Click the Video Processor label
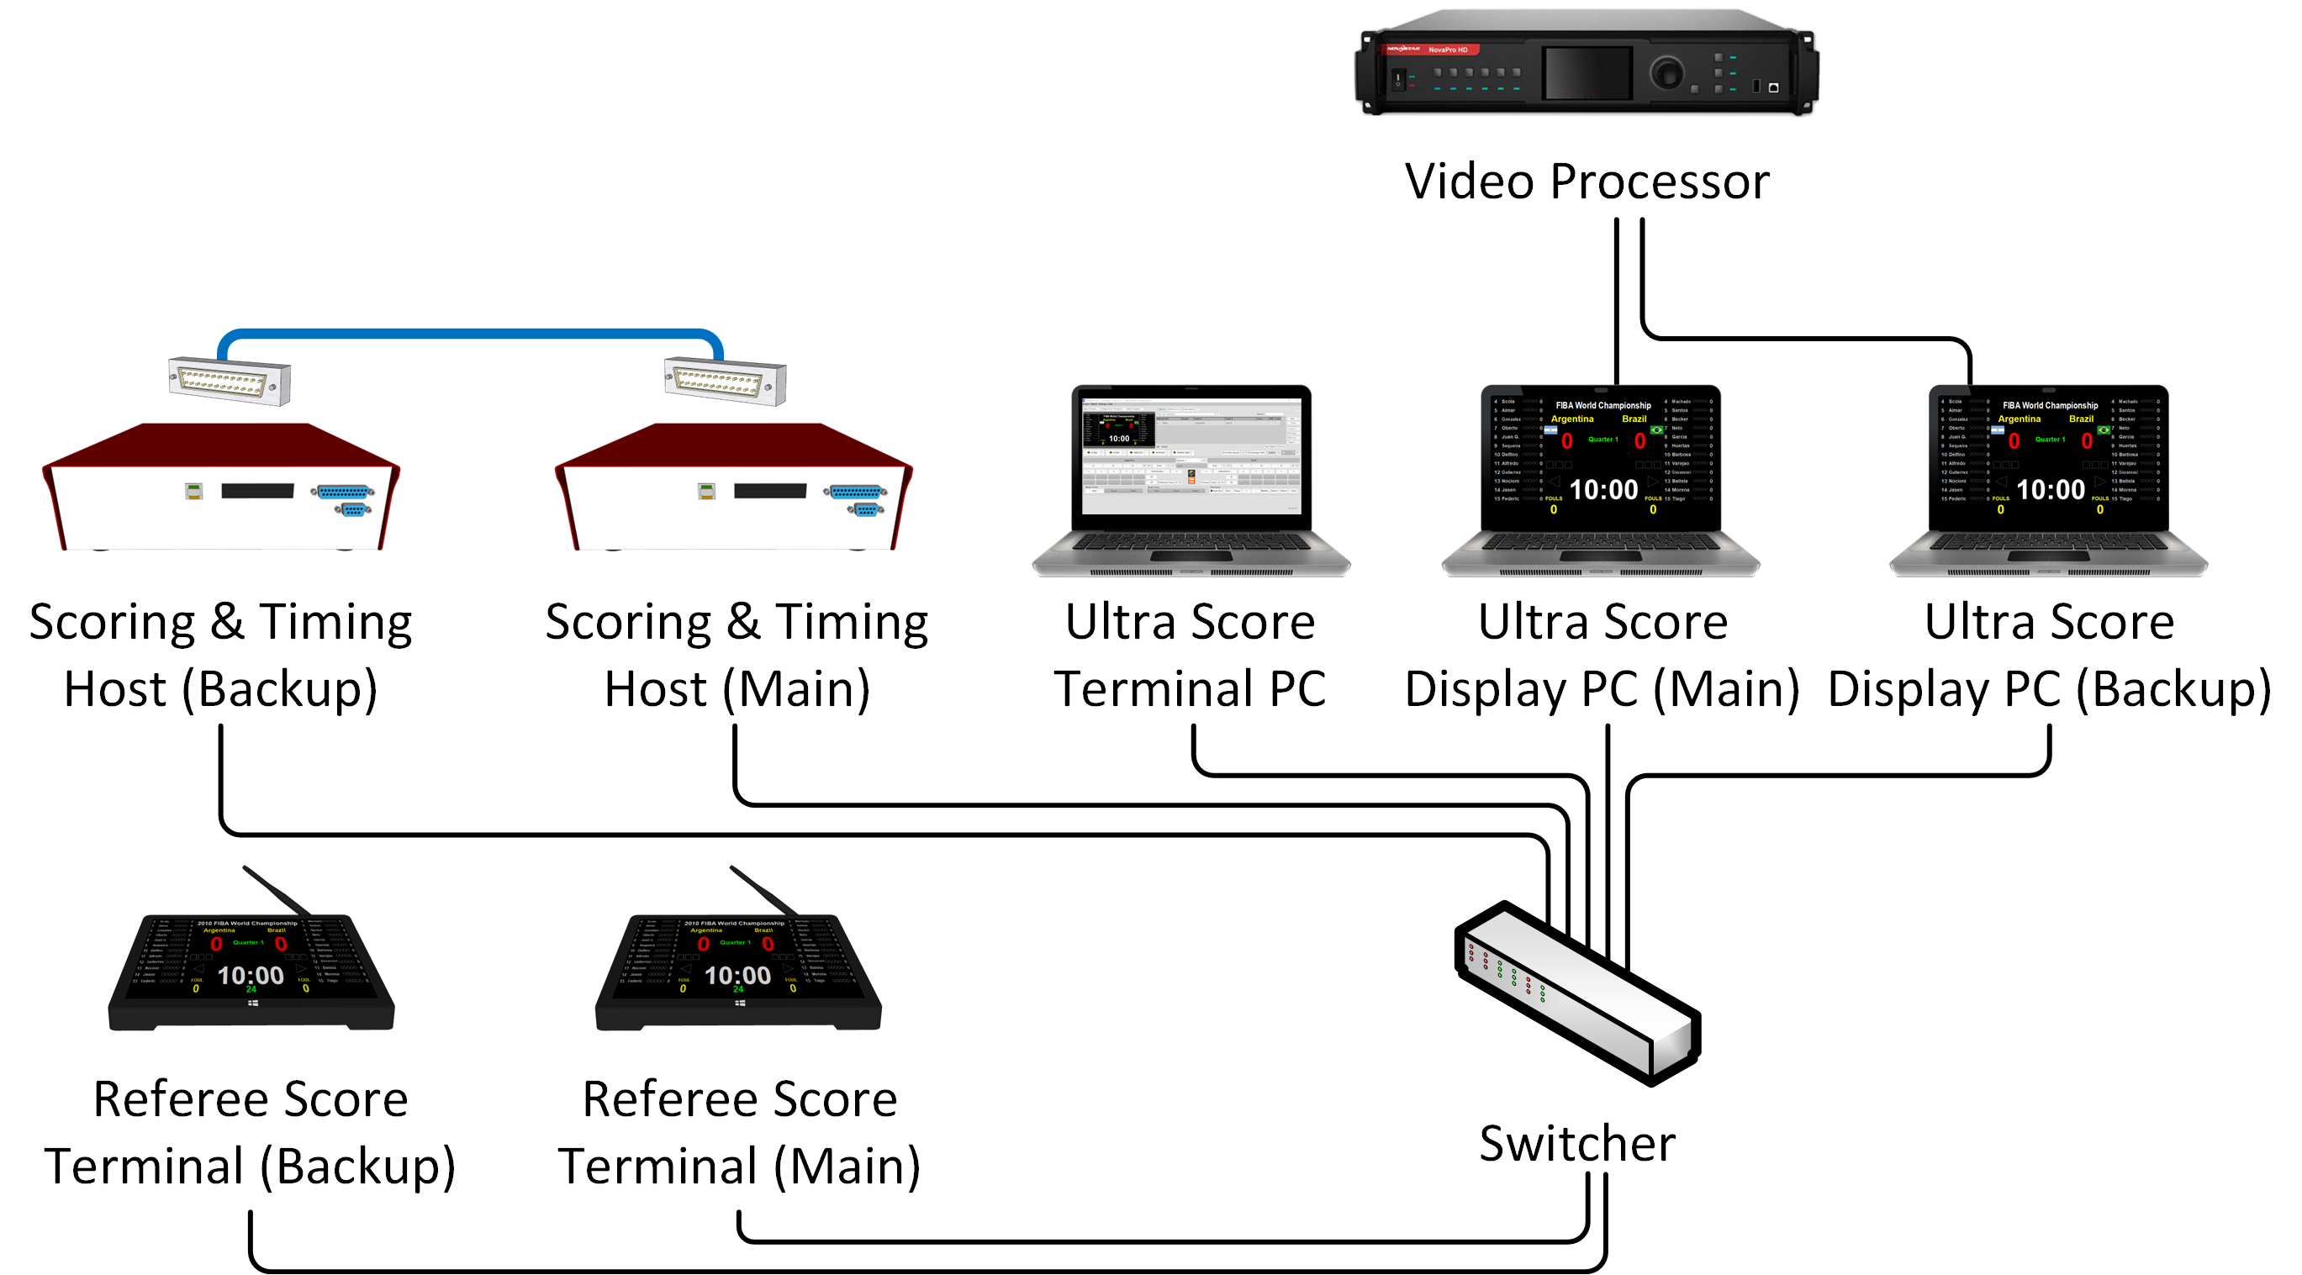(x=1587, y=182)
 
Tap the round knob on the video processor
(x=1666, y=72)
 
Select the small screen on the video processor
(x=1587, y=71)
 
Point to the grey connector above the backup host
(x=230, y=381)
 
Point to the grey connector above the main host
(x=725, y=381)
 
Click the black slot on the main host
(x=769, y=491)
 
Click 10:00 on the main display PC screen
(x=1603, y=490)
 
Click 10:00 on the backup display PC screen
(x=2050, y=490)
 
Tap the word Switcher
(x=1577, y=1144)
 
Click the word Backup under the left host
(x=279, y=690)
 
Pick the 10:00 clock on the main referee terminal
(x=737, y=976)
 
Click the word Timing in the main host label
(x=852, y=623)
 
